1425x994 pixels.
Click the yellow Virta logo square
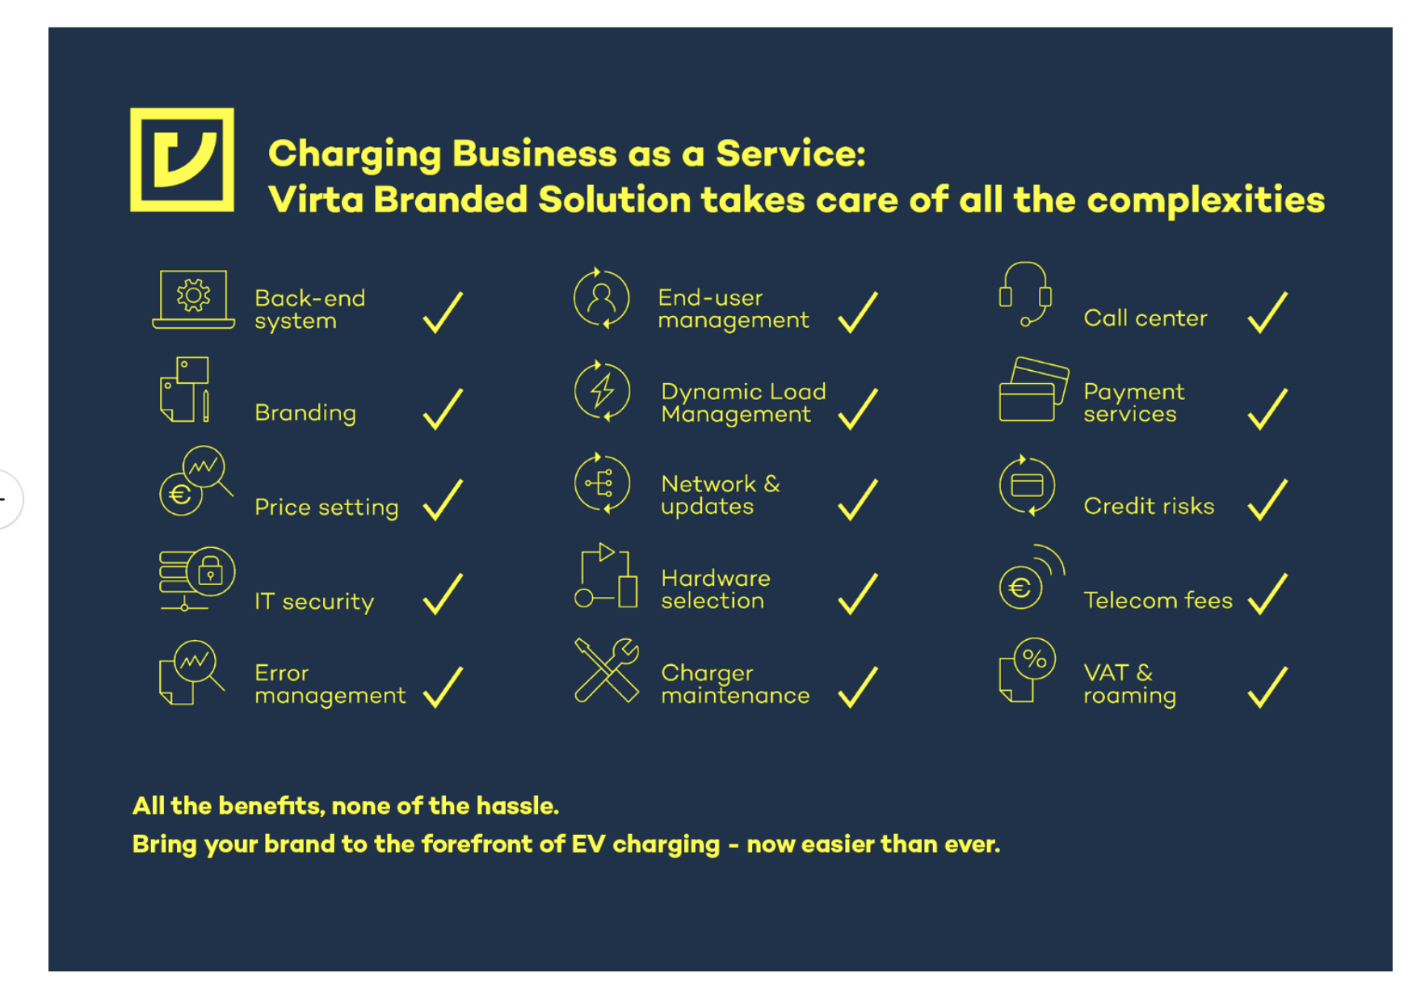(x=182, y=160)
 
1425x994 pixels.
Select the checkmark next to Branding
(x=443, y=409)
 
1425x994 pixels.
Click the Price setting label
(x=326, y=507)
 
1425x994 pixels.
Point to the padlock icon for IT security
(x=210, y=571)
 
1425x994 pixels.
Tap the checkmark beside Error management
(x=443, y=687)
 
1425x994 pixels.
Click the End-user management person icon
(x=601, y=299)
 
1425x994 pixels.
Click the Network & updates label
(x=720, y=495)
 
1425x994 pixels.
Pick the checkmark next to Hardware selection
(x=857, y=594)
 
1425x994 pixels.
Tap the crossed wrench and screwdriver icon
(x=606, y=670)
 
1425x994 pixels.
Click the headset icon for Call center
(x=1025, y=293)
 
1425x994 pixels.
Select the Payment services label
(x=1133, y=402)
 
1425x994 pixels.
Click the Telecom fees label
(x=1158, y=600)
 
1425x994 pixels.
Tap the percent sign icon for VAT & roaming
(x=1034, y=659)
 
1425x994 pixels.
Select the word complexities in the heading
(x=1205, y=200)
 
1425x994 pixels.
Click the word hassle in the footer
(x=516, y=806)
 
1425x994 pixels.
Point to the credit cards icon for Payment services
(x=1033, y=390)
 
